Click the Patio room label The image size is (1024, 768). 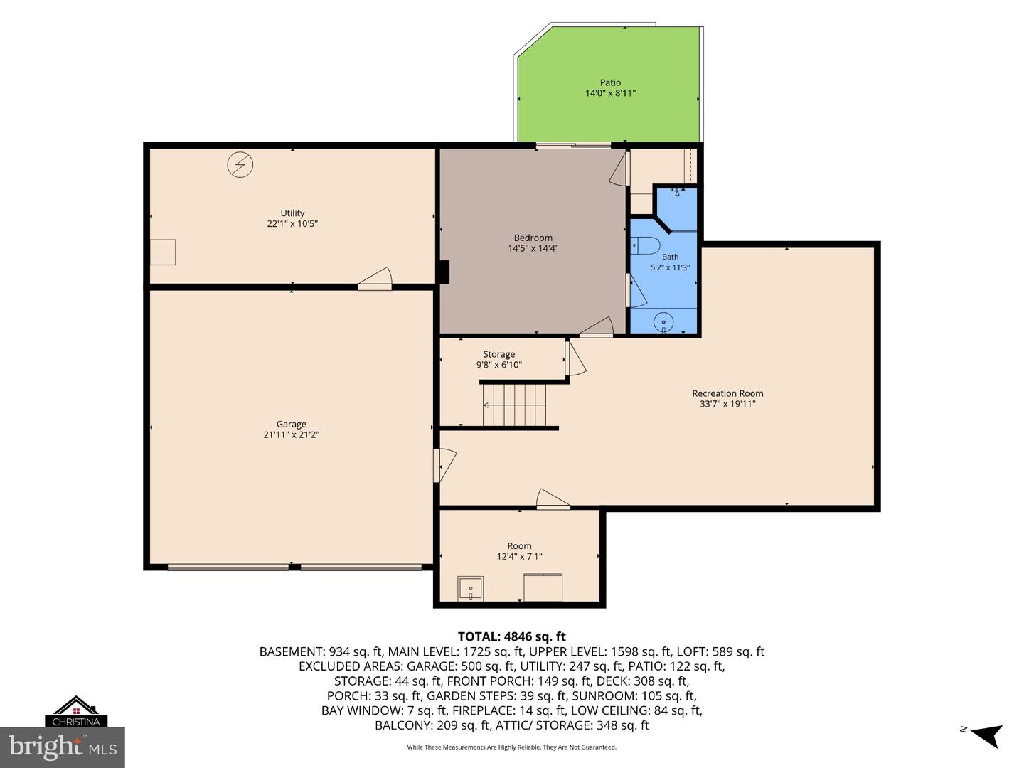610,82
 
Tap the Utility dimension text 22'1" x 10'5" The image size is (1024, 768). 292,224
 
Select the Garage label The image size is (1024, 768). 291,424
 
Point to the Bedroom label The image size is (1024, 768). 533,238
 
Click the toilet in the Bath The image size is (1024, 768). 645,245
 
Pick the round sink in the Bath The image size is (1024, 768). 663,322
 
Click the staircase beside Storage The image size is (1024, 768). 513,405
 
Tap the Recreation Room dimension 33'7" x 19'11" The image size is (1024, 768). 727,404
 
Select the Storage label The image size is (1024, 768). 498,354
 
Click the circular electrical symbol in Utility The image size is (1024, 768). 240,164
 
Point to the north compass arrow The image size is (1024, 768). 987,736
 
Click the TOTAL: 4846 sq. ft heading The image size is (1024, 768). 511,636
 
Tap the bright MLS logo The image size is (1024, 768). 63,747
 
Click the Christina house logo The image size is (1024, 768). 76,712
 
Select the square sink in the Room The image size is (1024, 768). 470,589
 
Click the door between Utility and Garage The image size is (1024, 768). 375,279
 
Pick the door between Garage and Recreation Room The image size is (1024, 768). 444,465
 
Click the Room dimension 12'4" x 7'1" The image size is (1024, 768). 519,556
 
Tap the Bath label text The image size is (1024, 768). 670,257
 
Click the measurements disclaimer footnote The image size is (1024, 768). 512,747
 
